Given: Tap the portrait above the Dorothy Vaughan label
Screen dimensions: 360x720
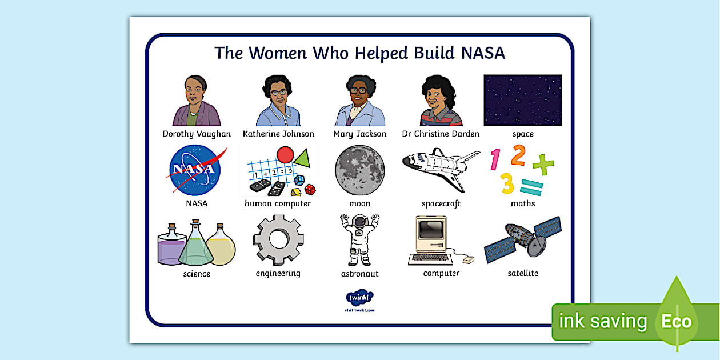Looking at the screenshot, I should pyautogui.click(x=196, y=101).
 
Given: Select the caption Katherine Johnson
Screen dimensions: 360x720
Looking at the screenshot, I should pyautogui.click(x=278, y=134).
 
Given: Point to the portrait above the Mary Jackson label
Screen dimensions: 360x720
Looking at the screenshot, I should pyautogui.click(x=359, y=101).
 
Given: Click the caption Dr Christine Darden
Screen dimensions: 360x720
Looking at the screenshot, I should pyautogui.click(x=441, y=134).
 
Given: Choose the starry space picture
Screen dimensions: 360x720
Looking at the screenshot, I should pyautogui.click(x=523, y=100).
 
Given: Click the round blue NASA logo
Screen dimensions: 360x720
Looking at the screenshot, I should pyautogui.click(x=194, y=170).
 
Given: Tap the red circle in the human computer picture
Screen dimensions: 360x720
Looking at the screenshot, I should pyautogui.click(x=285, y=155).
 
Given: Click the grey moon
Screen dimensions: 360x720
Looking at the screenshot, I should pyautogui.click(x=360, y=170).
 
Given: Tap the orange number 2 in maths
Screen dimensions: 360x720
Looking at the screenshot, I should pyautogui.click(x=518, y=155).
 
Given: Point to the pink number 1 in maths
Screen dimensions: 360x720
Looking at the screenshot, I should pyautogui.click(x=495, y=159).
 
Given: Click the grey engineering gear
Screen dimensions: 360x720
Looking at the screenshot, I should pyautogui.click(x=278, y=239).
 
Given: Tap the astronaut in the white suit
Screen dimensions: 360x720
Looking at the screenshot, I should pyautogui.click(x=359, y=240).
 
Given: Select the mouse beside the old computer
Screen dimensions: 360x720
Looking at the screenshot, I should pyautogui.click(x=468, y=260).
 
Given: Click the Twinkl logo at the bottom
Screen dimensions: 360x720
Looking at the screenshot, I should pyautogui.click(x=359, y=298).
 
